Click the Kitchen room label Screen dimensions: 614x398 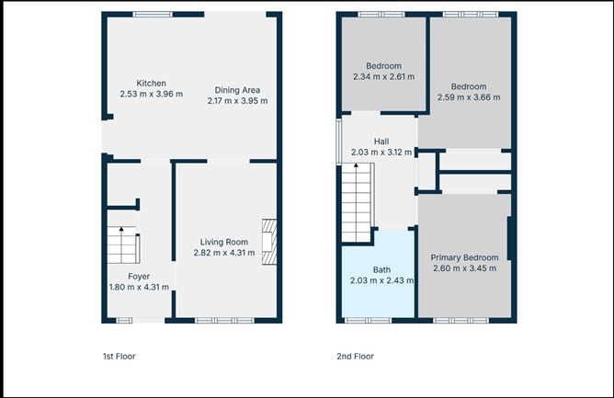click(151, 83)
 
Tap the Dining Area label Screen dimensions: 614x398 click(237, 90)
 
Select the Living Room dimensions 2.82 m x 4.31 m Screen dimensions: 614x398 click(224, 253)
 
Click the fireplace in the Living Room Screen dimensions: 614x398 click(269, 242)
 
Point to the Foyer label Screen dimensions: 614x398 click(139, 276)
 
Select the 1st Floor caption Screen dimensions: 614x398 click(119, 357)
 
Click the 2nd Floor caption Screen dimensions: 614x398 click(355, 357)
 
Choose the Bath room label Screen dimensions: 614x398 click(381, 270)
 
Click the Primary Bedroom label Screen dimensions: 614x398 click(465, 257)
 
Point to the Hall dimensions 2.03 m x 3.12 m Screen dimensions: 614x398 click(381, 153)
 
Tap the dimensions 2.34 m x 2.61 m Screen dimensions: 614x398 click(384, 77)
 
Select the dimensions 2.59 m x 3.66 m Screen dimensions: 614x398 click(469, 97)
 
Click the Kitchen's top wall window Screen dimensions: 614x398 click(153, 15)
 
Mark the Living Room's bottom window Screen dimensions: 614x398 click(225, 321)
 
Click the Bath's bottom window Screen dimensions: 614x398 click(368, 321)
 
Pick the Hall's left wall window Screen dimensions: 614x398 click(339, 142)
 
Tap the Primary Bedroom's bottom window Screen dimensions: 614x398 click(460, 321)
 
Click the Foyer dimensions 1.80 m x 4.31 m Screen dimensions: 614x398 click(139, 287)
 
